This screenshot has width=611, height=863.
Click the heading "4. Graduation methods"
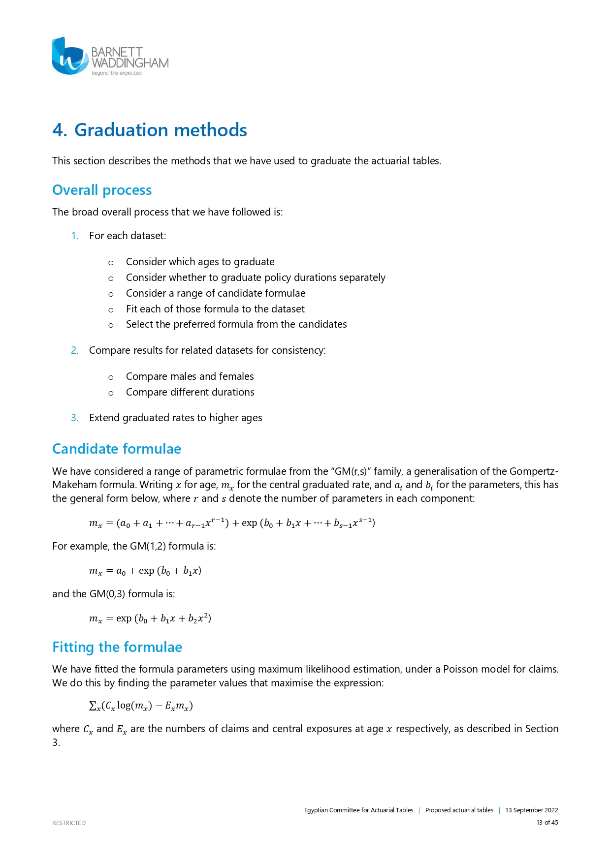150,130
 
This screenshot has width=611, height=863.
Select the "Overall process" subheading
102,190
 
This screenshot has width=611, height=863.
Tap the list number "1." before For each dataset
75,236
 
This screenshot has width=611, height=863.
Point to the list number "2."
75,350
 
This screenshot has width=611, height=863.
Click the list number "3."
75,418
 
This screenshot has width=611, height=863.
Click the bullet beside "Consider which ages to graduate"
111,263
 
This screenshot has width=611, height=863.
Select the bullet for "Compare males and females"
111,377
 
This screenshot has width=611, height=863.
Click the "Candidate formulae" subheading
117,449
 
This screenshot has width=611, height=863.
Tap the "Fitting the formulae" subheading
117,647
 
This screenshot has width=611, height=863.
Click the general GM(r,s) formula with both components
232,523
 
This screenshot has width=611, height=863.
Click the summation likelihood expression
141,706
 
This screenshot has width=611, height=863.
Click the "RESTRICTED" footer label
69,823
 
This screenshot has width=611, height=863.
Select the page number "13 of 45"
547,822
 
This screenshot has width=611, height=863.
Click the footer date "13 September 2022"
531,810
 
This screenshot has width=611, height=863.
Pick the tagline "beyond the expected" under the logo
116,73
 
